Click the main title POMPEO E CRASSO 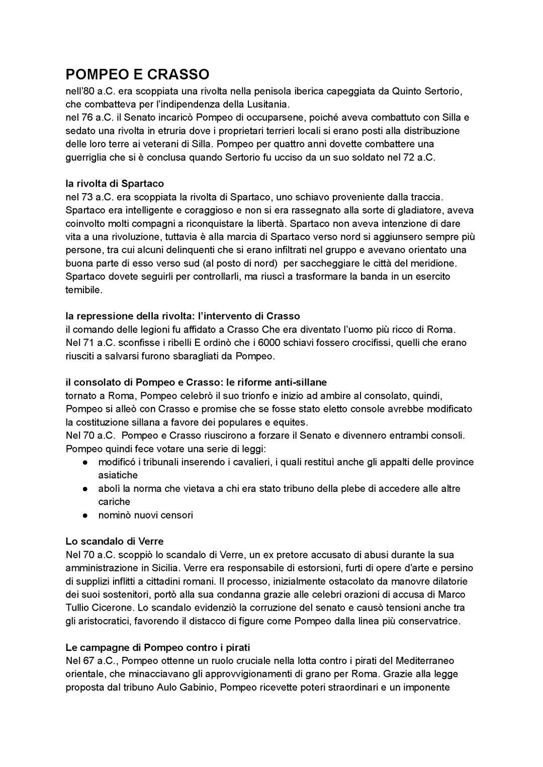[137, 74]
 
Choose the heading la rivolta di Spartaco [115, 184]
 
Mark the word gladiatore [421, 210]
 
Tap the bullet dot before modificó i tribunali [86, 462]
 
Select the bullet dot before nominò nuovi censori [86, 515]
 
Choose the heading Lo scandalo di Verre [115, 542]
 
